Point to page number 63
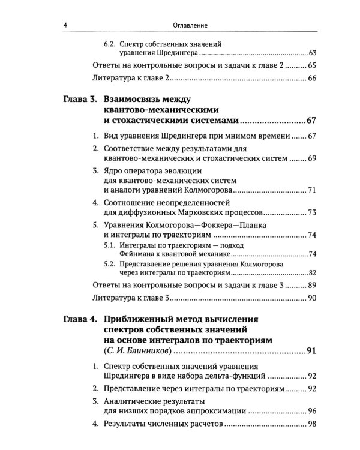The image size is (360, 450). [x=311, y=53]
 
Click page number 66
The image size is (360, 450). [x=311, y=79]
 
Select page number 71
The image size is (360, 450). [x=311, y=190]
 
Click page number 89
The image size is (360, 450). [x=311, y=286]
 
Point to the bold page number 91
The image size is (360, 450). [x=311, y=351]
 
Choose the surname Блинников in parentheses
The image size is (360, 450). [x=158, y=351]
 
